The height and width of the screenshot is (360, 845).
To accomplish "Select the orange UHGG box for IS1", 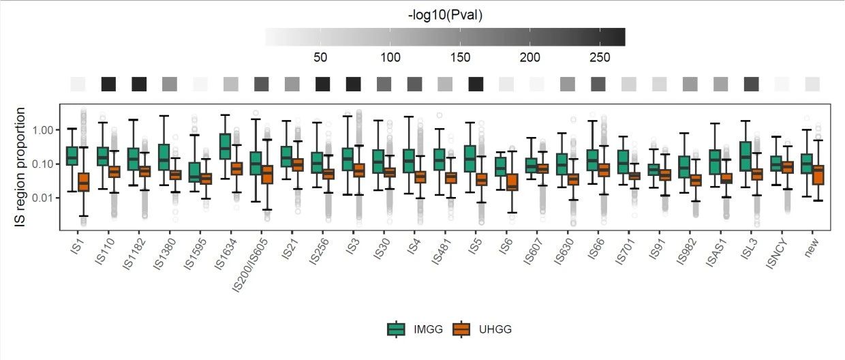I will click(x=83, y=182).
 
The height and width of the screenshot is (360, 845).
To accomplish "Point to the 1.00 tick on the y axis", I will click(x=43, y=130).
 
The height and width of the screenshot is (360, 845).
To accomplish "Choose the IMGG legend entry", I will click(x=416, y=329).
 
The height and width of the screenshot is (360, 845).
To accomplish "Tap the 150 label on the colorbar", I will click(x=461, y=57).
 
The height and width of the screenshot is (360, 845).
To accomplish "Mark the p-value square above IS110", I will click(x=108, y=84).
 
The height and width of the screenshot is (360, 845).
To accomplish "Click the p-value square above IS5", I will click(x=476, y=84).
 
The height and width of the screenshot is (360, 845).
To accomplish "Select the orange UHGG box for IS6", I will click(x=512, y=183).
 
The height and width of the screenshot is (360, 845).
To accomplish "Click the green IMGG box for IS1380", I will click(x=163, y=157).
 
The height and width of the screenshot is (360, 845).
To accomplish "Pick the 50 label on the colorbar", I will click(x=320, y=57).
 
